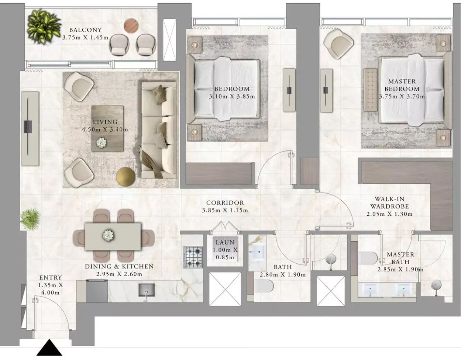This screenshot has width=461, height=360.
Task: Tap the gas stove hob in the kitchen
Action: pyautogui.click(x=193, y=257)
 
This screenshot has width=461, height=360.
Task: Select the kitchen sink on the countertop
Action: pyautogui.click(x=147, y=290)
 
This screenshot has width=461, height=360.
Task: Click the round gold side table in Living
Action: pyautogui.click(x=126, y=177)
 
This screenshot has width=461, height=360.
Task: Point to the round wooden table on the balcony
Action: pyautogui.click(x=131, y=26)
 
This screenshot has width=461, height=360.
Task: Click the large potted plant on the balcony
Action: pyautogui.click(x=44, y=27)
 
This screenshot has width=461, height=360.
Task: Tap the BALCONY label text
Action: pyautogui.click(x=86, y=30)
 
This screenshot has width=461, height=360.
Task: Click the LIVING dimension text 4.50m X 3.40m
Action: pyautogui.click(x=105, y=129)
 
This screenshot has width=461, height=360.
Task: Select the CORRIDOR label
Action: pyautogui.click(x=225, y=203)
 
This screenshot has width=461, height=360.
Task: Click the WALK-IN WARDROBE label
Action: pyautogui.click(x=390, y=203)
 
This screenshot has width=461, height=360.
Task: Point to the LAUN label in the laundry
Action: pyautogui.click(x=225, y=242)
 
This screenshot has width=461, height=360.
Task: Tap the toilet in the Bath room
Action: pyautogui.click(x=264, y=286)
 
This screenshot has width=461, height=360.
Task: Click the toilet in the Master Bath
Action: pyautogui.click(x=368, y=258)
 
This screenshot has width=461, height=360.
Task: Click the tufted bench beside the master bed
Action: pyautogui.click(x=371, y=90)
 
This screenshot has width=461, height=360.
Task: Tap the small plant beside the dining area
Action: pyautogui.click(x=30, y=219)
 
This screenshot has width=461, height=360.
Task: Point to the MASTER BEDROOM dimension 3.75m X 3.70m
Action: pyautogui.click(x=402, y=97)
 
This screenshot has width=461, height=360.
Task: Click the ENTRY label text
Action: pyautogui.click(x=51, y=277)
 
